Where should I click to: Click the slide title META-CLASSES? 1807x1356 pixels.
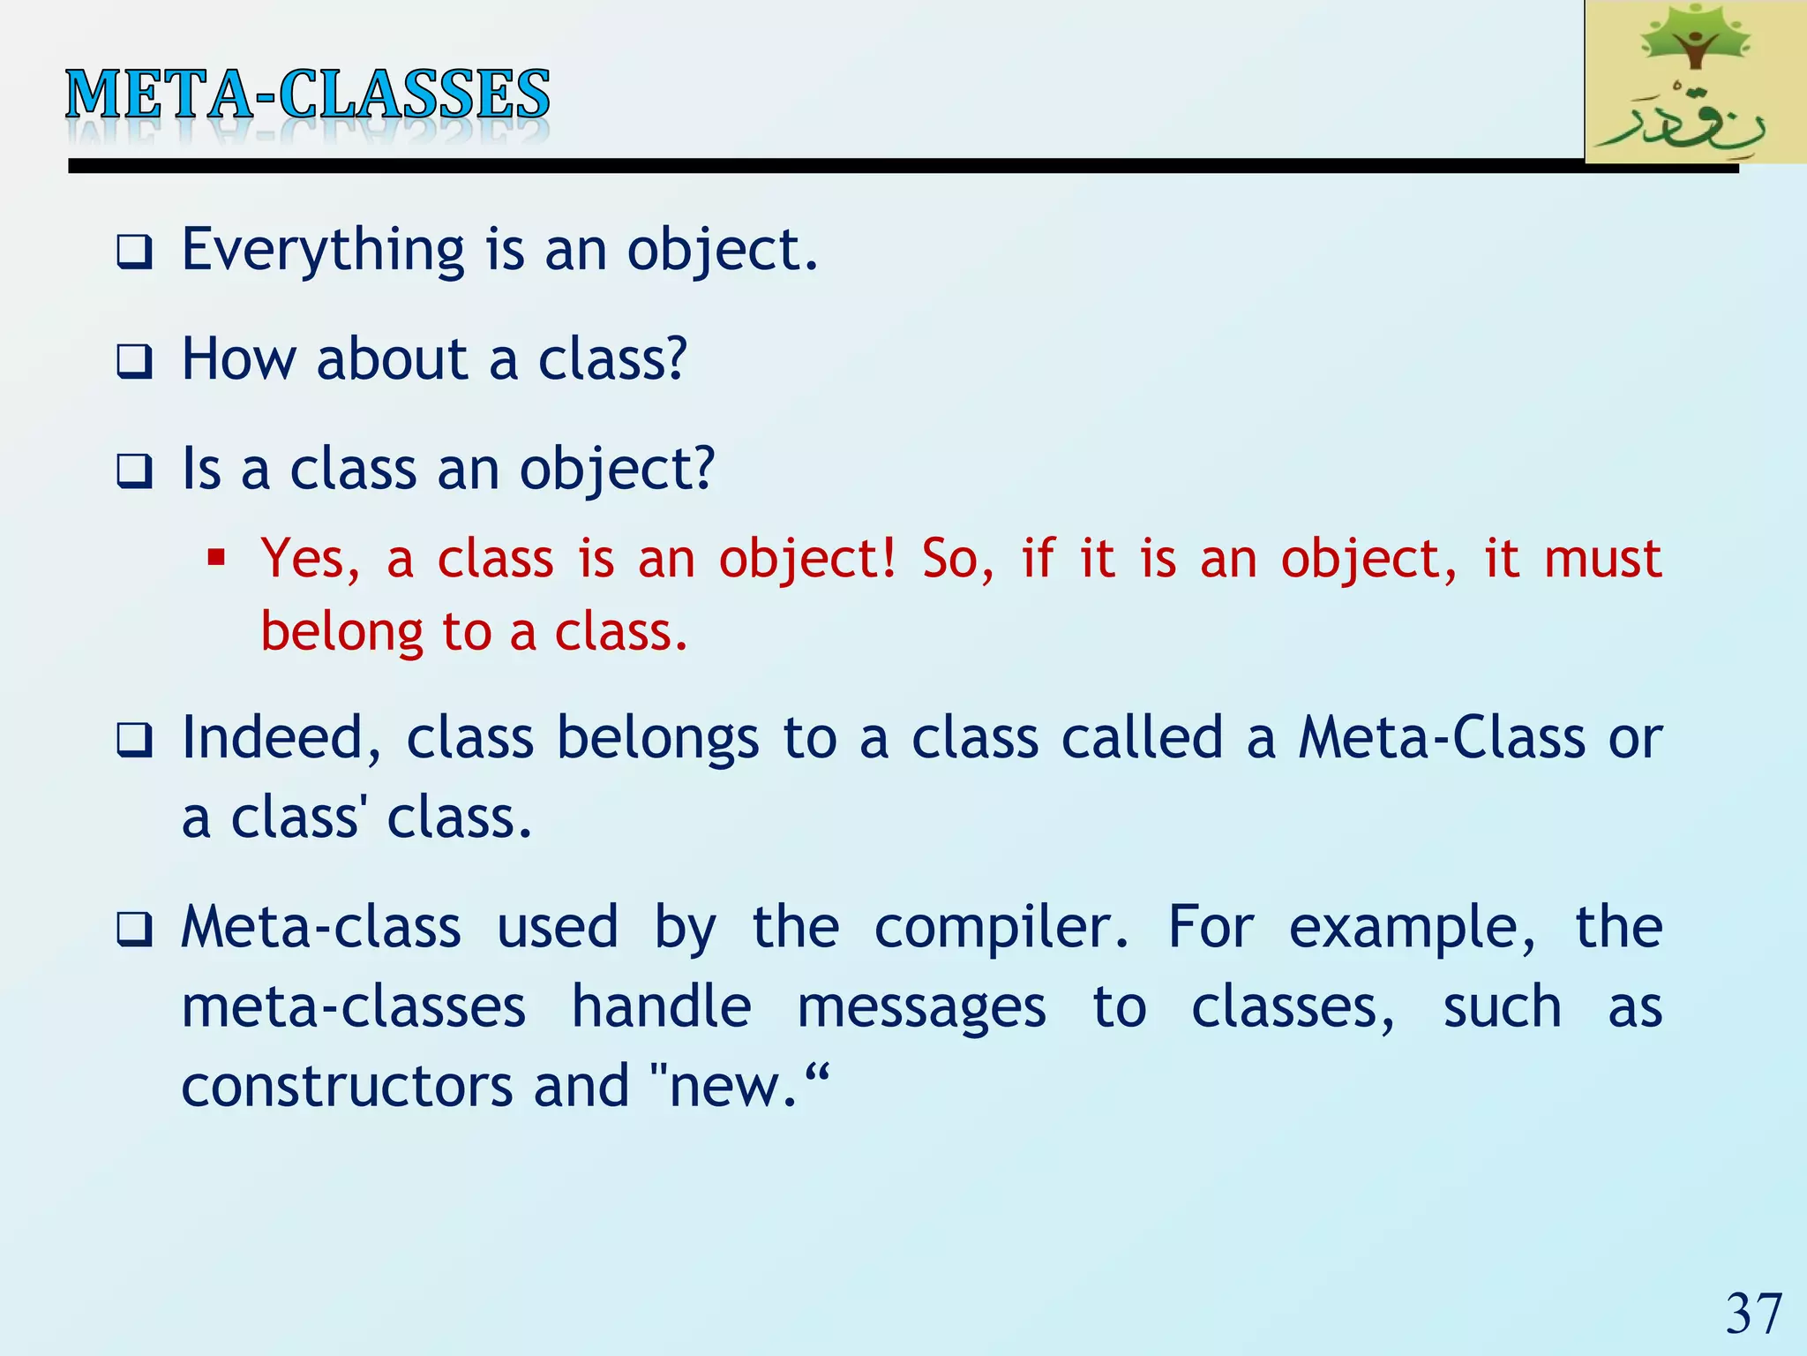tap(307, 95)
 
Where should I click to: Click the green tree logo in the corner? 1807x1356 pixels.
tap(1695, 81)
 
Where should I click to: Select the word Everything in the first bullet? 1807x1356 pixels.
tap(323, 252)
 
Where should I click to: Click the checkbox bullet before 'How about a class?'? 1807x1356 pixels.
tap(134, 362)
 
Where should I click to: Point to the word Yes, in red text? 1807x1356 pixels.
tap(311, 561)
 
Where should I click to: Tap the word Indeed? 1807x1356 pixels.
tap(281, 739)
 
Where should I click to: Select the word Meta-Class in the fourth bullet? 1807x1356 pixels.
tap(1442, 739)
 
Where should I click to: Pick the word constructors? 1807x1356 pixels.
tap(347, 1087)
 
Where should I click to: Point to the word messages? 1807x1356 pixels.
tap(921, 1008)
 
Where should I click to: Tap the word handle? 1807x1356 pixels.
tap(661, 1008)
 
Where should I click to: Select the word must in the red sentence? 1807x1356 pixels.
tap(1602, 561)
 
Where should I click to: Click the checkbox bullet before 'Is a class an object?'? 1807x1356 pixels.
tap(134, 471)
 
